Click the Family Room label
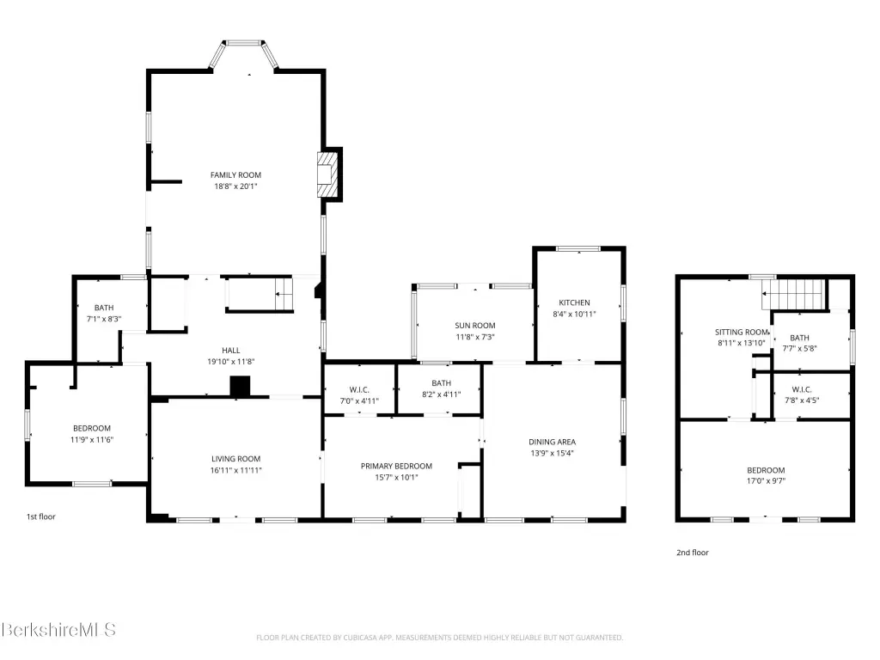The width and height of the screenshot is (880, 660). pos(235,175)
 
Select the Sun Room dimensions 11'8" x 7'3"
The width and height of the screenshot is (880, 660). pos(474,337)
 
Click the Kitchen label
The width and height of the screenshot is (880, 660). pos(574,302)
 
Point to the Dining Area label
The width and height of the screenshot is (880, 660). pos(553,443)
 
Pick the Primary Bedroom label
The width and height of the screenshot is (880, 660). pos(396,467)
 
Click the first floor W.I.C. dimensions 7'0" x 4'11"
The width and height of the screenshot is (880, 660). pos(359,401)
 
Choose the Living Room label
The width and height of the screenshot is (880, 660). pos(235,459)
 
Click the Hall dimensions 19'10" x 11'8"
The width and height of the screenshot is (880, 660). pos(231,362)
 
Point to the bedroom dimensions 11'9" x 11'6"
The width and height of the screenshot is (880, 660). pos(91,440)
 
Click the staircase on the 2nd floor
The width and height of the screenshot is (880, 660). pos(795,295)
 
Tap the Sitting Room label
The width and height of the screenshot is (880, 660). pos(742,333)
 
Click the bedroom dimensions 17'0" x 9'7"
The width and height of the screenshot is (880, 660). pos(766,481)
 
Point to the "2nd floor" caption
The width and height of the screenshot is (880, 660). pos(693,553)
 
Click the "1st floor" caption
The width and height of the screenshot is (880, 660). pos(41,516)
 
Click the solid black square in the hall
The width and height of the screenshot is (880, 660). pos(240,387)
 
